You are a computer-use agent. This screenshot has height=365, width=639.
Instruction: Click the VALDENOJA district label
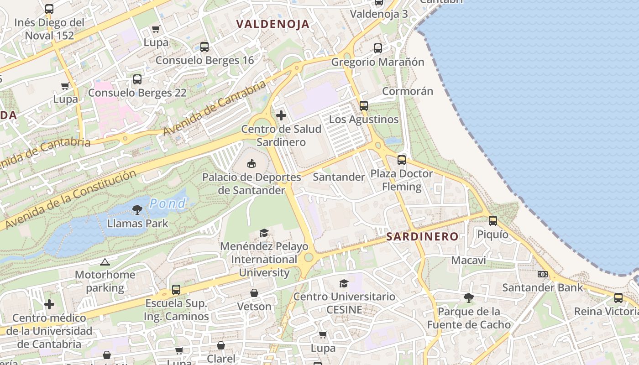pos(272,24)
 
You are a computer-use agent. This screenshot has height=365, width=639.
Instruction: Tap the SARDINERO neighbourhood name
pos(422,236)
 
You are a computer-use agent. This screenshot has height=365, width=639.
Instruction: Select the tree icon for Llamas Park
pos(137,210)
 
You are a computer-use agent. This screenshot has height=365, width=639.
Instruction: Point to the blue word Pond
pos(168,203)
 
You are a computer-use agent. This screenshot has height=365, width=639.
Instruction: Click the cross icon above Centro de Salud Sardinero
pos(281,115)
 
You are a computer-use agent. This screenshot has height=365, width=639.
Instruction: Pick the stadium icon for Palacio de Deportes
pos(251,163)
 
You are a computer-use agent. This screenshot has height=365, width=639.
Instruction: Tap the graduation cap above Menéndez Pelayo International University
pos(264,233)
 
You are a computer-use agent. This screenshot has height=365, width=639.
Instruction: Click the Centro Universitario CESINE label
pos(344,303)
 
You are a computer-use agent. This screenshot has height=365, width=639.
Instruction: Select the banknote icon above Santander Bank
pos(542,274)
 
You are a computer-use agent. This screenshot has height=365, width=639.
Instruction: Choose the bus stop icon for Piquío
pos(492,221)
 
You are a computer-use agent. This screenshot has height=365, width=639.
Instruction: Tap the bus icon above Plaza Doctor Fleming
pos(401,160)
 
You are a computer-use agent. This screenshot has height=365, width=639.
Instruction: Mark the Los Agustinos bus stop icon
pos(363,106)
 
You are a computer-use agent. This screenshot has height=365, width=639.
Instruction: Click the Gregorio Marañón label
pos(377,62)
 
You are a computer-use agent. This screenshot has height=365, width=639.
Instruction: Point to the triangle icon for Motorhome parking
pos(105,262)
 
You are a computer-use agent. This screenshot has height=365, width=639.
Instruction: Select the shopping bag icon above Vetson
pos(254,293)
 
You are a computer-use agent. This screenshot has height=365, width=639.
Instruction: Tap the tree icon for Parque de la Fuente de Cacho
pos(468,298)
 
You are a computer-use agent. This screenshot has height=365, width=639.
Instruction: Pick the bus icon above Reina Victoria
pos(618,298)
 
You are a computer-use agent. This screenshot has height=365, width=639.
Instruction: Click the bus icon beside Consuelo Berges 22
pos(137,79)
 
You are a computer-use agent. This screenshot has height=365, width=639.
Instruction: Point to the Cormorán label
pos(407,91)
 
